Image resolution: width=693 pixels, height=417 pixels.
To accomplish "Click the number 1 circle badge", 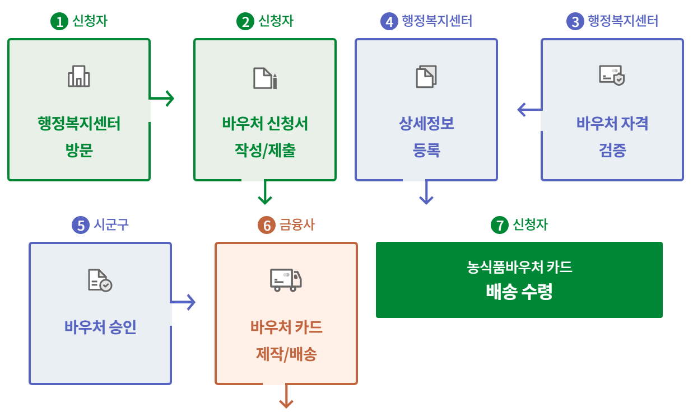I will click(58, 22).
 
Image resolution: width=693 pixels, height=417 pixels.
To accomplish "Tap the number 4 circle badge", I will click(388, 22).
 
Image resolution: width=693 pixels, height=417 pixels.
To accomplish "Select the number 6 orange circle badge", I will click(266, 226).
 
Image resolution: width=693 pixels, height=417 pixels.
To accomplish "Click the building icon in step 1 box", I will click(79, 76).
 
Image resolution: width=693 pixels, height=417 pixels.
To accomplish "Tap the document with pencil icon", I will click(265, 78).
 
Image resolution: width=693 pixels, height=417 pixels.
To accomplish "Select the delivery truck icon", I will click(286, 280).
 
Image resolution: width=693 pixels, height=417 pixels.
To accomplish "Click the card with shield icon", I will click(612, 75).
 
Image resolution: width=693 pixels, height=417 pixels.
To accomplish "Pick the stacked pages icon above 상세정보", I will click(426, 77).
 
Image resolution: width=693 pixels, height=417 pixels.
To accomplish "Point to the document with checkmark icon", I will click(100, 280).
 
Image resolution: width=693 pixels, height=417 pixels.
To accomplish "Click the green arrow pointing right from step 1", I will click(162, 99).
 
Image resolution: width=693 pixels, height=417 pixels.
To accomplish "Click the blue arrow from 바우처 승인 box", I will click(183, 302).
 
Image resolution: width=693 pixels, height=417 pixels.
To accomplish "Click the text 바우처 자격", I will click(612, 123).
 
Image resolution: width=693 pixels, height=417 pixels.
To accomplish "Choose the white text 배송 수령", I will click(519, 292).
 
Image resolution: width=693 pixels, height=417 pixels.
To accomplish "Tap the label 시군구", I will click(111, 225).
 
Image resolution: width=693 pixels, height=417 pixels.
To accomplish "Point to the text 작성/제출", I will click(265, 151).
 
